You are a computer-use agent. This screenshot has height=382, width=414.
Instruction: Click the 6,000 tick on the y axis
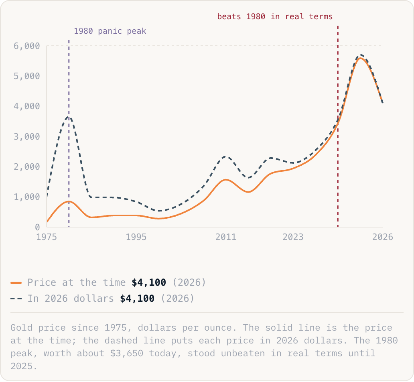pos(26,46)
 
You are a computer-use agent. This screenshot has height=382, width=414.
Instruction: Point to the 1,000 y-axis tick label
pos(26,197)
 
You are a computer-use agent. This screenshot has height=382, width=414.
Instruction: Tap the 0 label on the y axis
pos(37,227)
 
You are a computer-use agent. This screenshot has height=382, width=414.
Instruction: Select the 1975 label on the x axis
pos(47,237)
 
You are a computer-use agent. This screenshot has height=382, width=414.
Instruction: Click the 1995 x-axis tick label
pos(136,237)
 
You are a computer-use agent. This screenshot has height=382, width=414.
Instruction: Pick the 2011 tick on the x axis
pos(226,237)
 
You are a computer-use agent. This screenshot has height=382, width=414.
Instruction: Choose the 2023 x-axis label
pos(293,237)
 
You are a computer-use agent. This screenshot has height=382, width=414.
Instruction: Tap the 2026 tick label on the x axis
pos(383,237)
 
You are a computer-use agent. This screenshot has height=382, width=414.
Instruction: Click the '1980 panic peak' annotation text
pos(110,31)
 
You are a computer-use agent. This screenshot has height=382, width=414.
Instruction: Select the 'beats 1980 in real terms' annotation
pos(275,16)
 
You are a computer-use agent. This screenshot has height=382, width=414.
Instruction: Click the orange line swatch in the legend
pos(16,283)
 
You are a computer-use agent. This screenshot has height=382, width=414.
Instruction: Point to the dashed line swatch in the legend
pos(16,299)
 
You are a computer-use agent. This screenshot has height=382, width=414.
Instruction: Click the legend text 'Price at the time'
pos(77,282)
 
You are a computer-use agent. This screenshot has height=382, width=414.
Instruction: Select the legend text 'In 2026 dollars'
pos(71,299)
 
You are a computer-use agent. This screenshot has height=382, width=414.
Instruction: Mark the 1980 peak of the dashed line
pos(68,117)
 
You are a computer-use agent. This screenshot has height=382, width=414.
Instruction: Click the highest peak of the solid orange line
pos(360,58)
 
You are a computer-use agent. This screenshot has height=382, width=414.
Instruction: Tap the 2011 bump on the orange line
pos(226,180)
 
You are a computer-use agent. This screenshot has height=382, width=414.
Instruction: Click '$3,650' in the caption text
pos(127,354)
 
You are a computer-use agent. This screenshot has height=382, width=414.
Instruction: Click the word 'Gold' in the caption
pos(21,328)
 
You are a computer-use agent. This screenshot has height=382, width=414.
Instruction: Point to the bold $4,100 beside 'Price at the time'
pos(149,282)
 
